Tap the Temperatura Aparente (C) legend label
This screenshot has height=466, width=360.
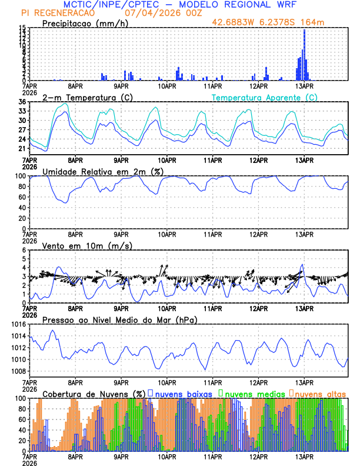pos(264,97)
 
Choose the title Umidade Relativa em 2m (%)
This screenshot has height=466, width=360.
pos(104,171)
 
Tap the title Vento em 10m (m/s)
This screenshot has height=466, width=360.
pos(86,245)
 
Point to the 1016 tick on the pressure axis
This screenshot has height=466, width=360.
pos(18,324)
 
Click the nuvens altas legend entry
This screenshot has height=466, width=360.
pos(319,393)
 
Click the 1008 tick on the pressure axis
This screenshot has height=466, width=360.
pos(18,371)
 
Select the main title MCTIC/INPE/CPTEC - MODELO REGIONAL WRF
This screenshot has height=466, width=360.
pos(180,4)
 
